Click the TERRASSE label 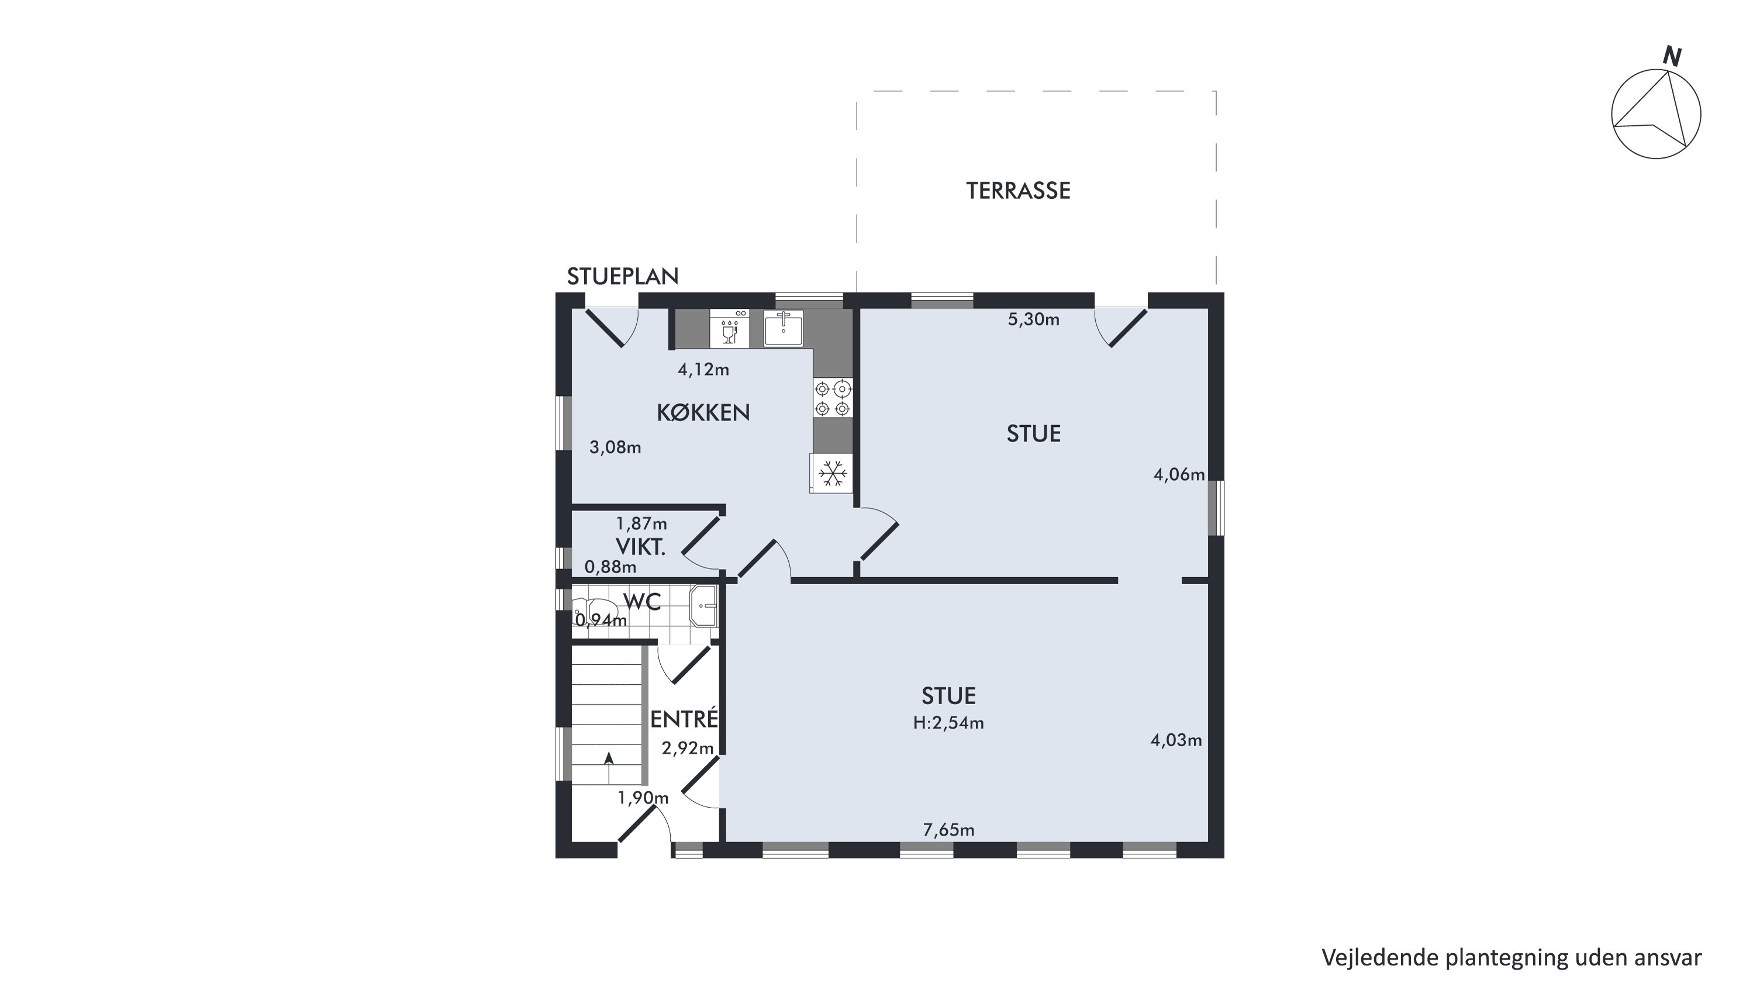(1018, 191)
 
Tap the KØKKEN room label (703, 412)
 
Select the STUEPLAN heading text (623, 276)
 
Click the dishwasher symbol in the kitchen (730, 329)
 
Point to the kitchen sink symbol (784, 328)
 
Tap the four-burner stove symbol (832, 398)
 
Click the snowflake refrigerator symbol (831, 473)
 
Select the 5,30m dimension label (1033, 319)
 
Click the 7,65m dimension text (948, 829)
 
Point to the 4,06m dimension (1179, 474)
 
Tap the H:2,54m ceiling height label (948, 723)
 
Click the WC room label (641, 602)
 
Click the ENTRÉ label (684, 719)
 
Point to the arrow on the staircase (608, 767)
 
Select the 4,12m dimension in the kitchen (703, 370)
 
